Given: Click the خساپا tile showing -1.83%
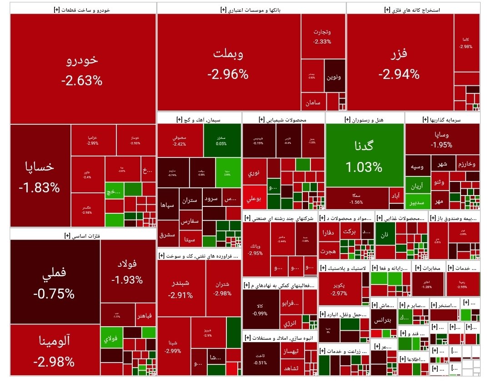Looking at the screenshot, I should (x=40, y=176).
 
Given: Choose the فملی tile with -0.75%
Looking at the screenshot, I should (x=54, y=282).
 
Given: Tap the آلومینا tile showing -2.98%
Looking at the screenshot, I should (x=54, y=350).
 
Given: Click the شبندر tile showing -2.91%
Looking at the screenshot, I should (x=180, y=288).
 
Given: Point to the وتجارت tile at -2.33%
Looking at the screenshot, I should (x=322, y=36).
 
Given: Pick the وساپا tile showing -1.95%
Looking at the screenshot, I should (x=442, y=139).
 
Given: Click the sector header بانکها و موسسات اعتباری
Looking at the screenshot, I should (x=251, y=9).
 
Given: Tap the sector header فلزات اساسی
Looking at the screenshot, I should (x=83, y=235).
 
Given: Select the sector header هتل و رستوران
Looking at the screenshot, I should (x=365, y=120).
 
